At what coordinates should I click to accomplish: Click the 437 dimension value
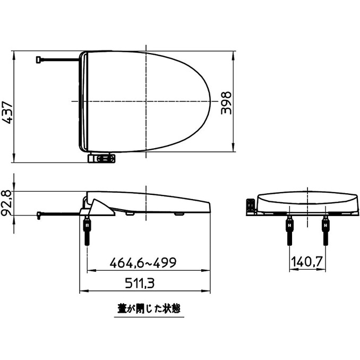pos(7,112)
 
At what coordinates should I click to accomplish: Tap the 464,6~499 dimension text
pos(142,263)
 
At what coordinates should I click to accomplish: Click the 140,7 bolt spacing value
pos(306,262)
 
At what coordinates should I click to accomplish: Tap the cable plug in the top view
pos(39,59)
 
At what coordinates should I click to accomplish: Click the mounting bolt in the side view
pos(87,231)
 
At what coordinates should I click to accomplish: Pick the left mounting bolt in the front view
pos(289,231)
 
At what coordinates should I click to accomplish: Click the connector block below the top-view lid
pos(101,158)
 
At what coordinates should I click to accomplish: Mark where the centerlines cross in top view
pos(144,101)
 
